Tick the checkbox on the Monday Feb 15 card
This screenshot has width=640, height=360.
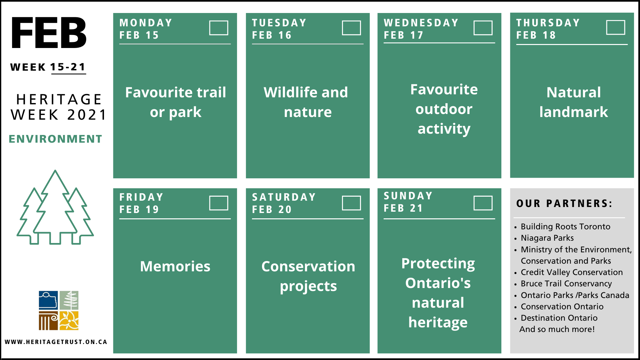pyautogui.click(x=219, y=28)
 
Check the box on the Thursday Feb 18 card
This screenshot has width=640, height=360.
pyautogui.click(x=616, y=27)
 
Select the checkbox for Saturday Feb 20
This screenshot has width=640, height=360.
pyautogui.click(x=351, y=203)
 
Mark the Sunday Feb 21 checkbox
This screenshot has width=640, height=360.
pyautogui.click(x=483, y=203)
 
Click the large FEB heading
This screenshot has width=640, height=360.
pyautogui.click(x=49, y=33)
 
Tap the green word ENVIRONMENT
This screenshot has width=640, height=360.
pyautogui.click(x=55, y=139)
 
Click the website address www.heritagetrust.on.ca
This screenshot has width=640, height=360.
pyautogui.click(x=56, y=342)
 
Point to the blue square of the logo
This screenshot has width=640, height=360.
pyautogui.click(x=48, y=300)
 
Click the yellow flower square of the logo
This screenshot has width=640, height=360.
pyautogui.click(x=69, y=321)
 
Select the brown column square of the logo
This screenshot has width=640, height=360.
pyautogui.click(x=48, y=321)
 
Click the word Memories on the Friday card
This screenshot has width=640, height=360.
pyautogui.click(x=175, y=266)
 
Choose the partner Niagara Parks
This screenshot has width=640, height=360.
pyautogui.click(x=547, y=238)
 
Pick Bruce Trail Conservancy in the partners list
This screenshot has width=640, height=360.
pyautogui.click(x=566, y=284)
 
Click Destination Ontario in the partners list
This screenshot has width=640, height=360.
pyautogui.click(x=559, y=318)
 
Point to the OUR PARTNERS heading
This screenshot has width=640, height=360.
pyautogui.click(x=564, y=203)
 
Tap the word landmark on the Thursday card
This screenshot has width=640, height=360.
pyautogui.click(x=574, y=112)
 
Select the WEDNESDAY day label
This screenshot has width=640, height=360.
pyautogui.click(x=421, y=23)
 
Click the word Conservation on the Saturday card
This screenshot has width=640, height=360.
pyautogui.click(x=308, y=266)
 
